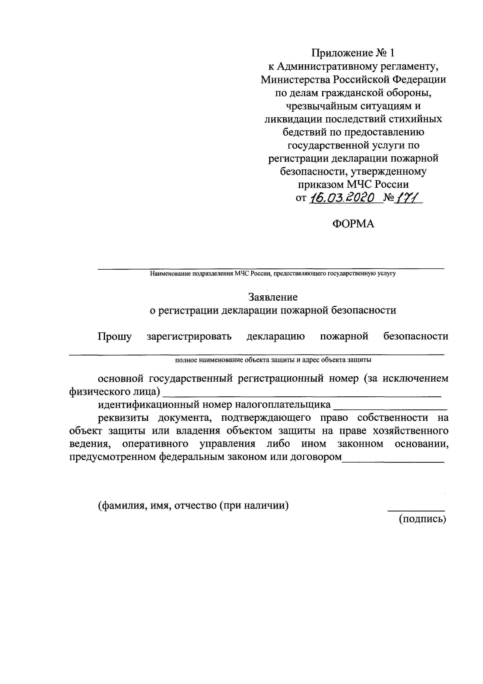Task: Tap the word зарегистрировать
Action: click(189, 337)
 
